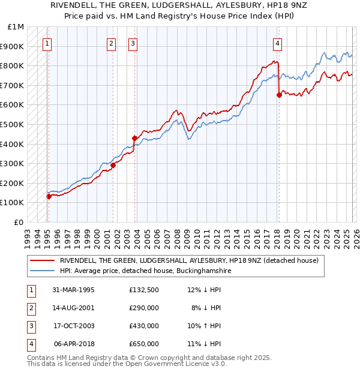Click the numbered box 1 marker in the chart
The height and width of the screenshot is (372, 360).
(47, 43)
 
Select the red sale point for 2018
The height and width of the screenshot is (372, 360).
(279, 95)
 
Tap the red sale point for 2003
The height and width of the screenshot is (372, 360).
(134, 138)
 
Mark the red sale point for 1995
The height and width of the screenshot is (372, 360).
(49, 196)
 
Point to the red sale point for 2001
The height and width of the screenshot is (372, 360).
(113, 166)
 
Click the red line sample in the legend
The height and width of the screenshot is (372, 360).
(43, 261)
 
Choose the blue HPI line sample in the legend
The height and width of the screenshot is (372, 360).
(43, 271)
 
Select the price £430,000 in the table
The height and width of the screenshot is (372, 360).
(143, 326)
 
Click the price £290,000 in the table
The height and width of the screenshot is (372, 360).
(143, 308)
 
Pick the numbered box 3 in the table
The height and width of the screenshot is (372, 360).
(31, 326)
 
